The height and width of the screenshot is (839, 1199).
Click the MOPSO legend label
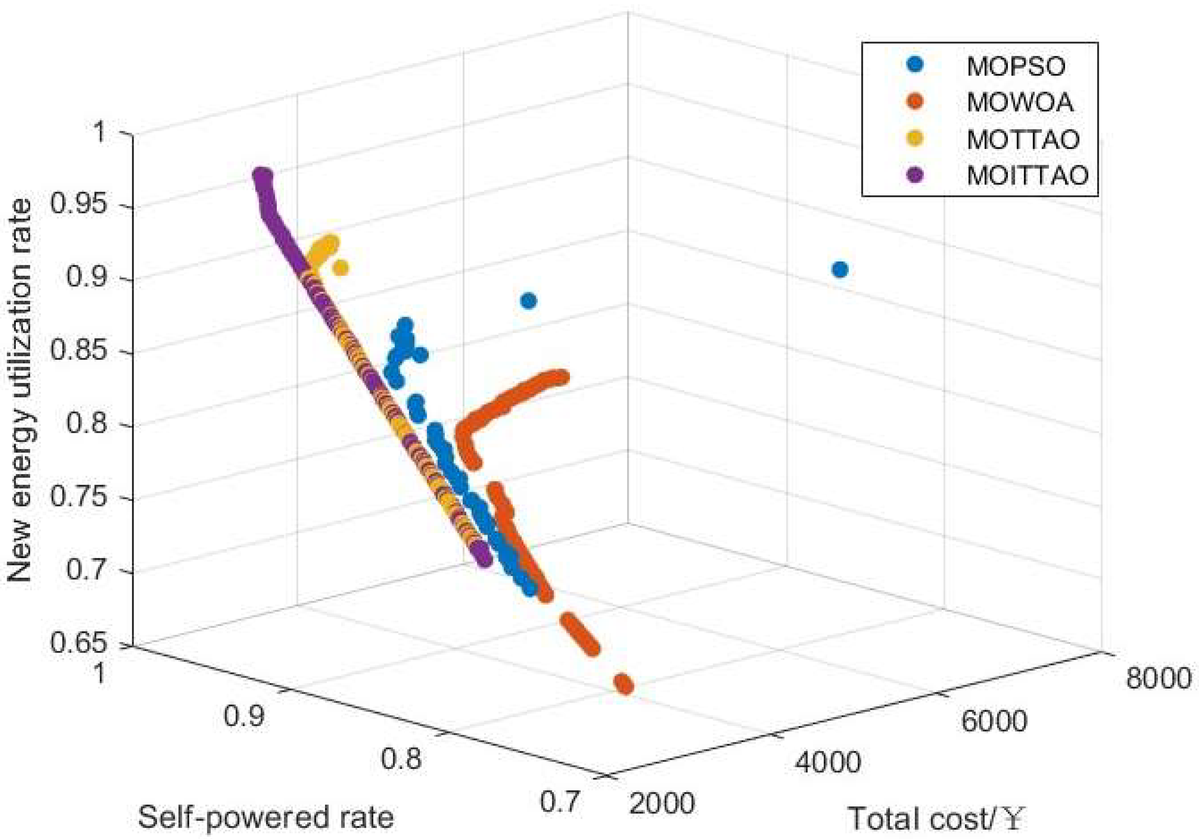(1016, 66)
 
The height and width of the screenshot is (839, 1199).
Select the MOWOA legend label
(1020, 103)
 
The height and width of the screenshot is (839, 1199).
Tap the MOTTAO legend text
(1023, 139)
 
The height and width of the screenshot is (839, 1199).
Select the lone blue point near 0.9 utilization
(529, 301)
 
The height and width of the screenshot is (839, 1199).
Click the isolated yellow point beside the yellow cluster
(340, 268)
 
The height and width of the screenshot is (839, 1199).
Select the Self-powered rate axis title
(265, 817)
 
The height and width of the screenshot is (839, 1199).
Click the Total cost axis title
(935, 818)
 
